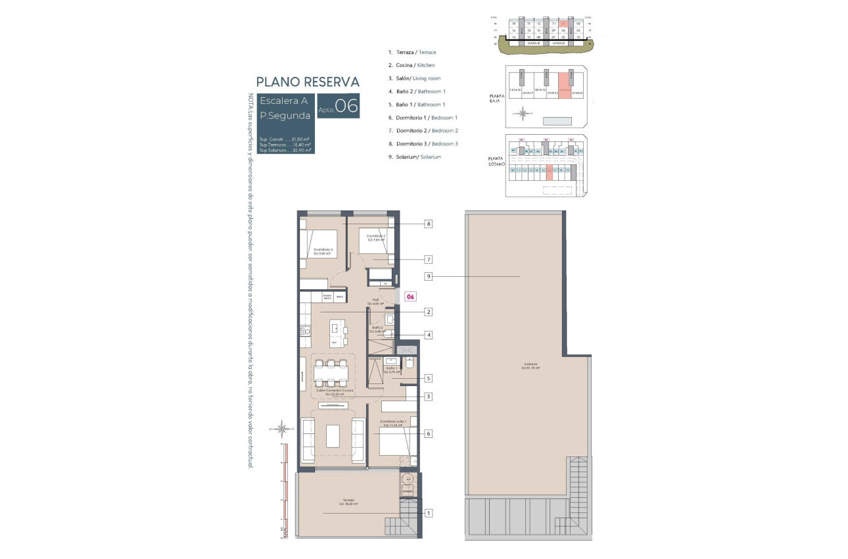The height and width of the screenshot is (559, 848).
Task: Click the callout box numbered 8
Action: coord(429,224)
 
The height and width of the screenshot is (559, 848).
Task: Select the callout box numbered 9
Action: coord(429,277)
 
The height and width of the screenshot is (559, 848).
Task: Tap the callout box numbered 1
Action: coord(429,513)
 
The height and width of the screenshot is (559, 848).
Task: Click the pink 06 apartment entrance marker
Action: coord(410,297)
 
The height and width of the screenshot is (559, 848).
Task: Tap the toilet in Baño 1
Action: coord(408,364)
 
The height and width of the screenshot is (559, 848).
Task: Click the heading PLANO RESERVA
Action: coord(308,82)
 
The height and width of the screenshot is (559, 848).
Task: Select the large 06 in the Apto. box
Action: coord(346,106)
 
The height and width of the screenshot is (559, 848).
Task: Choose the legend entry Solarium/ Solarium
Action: coord(415,157)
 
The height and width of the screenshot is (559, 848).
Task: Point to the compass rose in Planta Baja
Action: coord(523,114)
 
